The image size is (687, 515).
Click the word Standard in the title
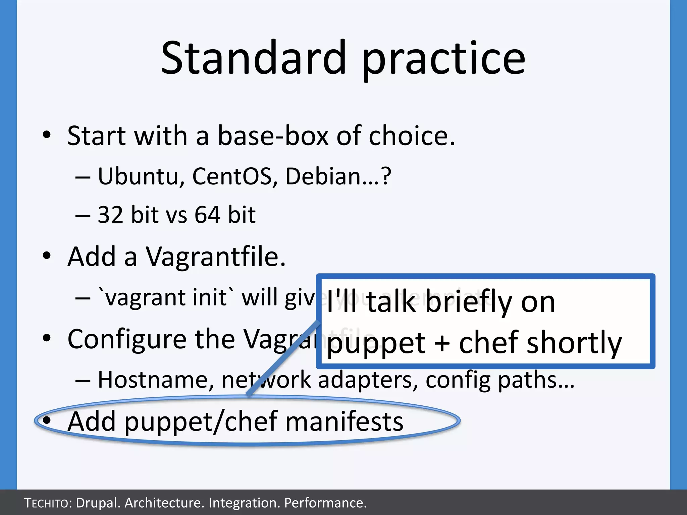pos(253,58)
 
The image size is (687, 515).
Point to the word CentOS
pos(231,176)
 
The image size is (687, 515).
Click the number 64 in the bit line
pos(208,215)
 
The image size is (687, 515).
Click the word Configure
pos(127,340)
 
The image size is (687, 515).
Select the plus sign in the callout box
pos(442,343)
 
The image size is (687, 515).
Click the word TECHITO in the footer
pos(47,503)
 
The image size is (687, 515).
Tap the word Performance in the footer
pos(325,503)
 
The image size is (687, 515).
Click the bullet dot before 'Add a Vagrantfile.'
pos(47,256)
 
